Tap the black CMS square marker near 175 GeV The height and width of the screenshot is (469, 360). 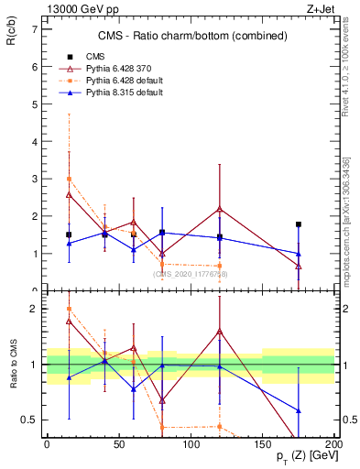click(x=299, y=224)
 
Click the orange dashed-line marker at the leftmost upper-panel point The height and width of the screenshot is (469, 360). click(x=69, y=179)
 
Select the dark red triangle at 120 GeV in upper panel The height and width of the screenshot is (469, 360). click(x=220, y=209)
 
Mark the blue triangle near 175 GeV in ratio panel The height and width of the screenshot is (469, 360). click(x=299, y=410)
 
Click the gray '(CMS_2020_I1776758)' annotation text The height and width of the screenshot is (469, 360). click(x=191, y=273)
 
